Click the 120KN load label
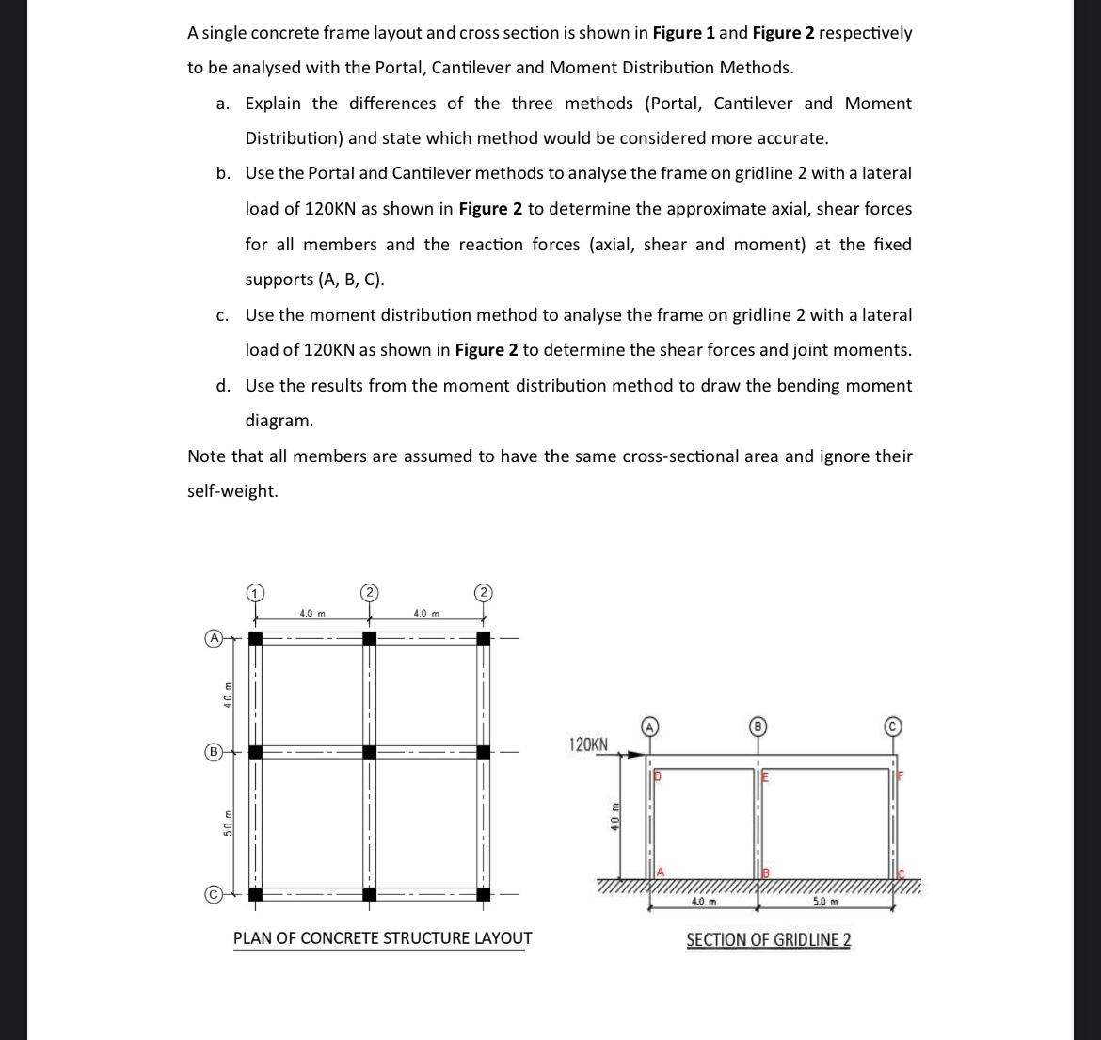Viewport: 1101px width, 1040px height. pos(589,744)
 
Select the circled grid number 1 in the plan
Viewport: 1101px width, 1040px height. pos(254,592)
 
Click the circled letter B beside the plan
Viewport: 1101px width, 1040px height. pos(214,752)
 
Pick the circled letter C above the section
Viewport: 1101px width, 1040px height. pos(893,726)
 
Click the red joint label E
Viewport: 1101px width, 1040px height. pos(765,778)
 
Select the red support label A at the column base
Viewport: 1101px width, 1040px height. pos(661,872)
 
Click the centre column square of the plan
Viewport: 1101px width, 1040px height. pos(369,752)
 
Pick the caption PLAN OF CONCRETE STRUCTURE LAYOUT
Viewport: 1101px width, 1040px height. pos(382,938)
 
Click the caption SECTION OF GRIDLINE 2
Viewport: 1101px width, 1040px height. pos(769,939)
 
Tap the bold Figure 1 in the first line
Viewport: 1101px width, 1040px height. pos(683,33)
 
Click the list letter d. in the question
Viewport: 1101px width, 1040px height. pos(223,386)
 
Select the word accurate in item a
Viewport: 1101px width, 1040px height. pos(792,138)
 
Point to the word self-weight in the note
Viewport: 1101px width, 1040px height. pos(232,491)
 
